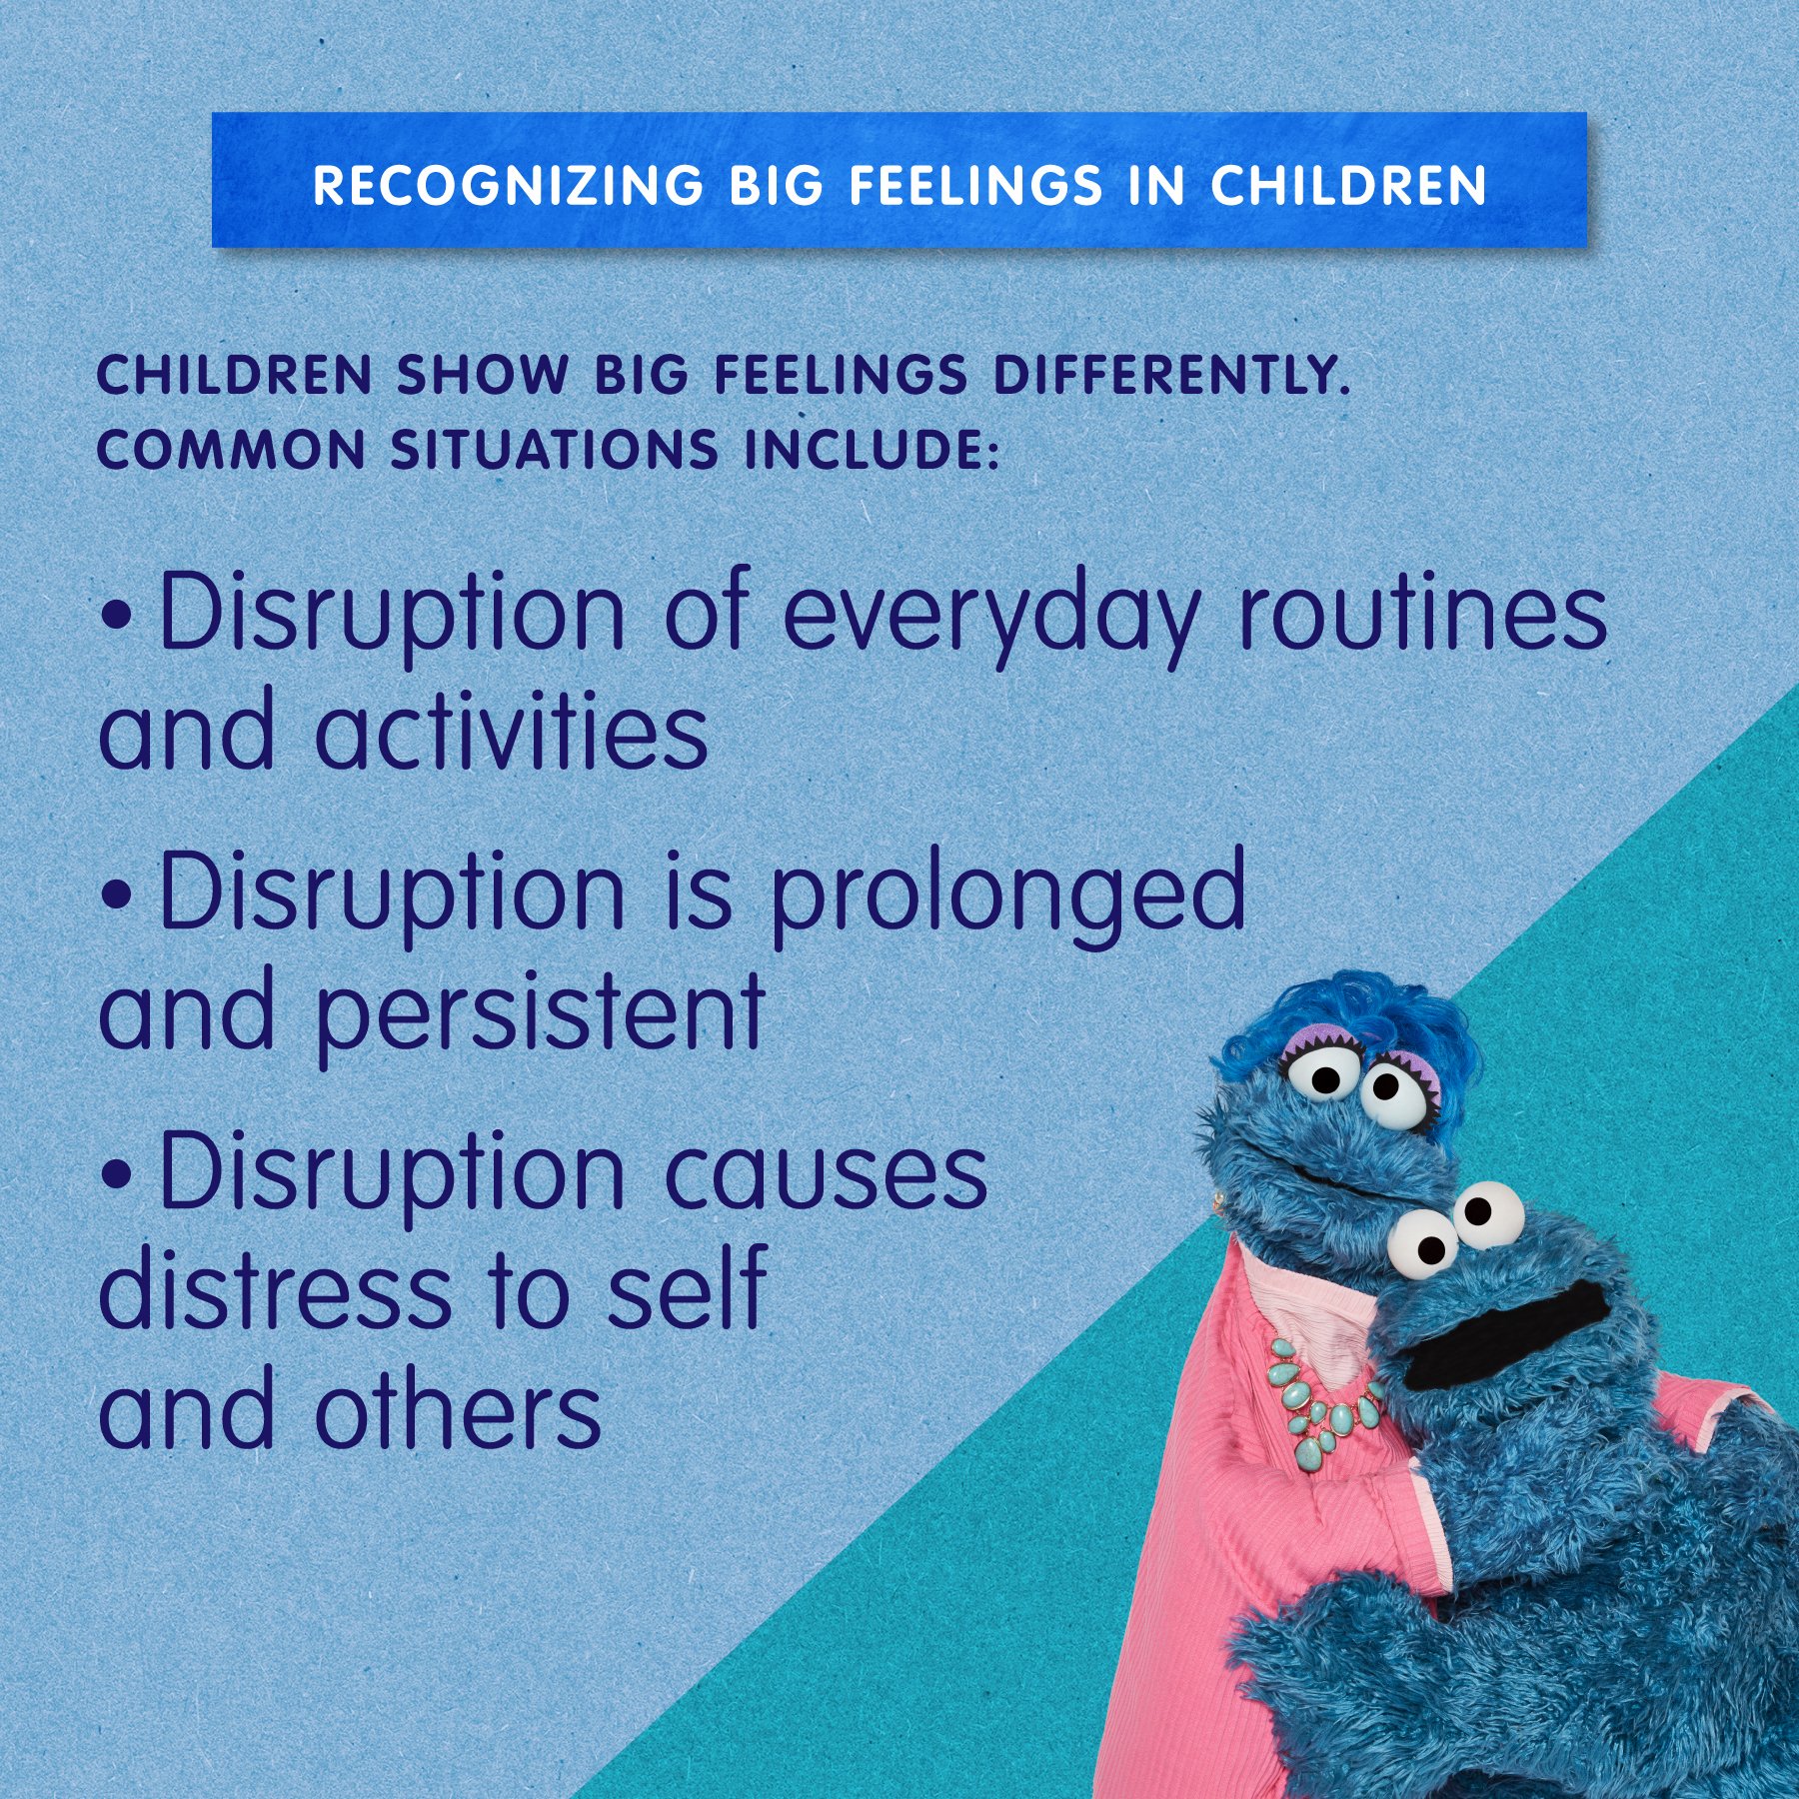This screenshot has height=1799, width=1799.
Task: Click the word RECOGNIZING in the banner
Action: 507,186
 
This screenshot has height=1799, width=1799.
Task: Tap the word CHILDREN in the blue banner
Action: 1348,186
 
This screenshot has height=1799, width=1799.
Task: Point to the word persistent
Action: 541,1011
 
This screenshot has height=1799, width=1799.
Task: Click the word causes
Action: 826,1172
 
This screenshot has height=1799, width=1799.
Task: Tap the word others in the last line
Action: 459,1409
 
